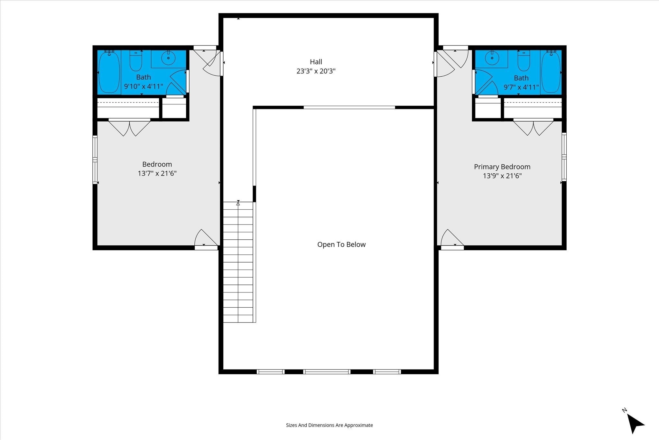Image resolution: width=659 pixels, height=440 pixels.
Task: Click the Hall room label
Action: point(316,62)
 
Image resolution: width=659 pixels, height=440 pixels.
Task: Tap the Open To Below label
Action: point(341,244)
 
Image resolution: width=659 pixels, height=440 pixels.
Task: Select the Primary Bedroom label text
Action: point(502,167)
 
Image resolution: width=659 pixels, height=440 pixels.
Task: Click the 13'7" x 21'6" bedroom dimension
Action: point(157,173)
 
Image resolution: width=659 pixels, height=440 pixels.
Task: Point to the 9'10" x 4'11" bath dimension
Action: point(144,86)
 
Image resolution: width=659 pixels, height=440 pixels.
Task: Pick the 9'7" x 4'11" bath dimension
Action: point(521,87)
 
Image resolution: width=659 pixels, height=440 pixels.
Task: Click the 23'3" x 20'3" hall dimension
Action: point(316,71)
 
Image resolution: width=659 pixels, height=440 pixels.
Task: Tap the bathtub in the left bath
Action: point(109,72)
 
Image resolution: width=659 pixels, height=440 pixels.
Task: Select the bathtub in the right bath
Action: point(551,72)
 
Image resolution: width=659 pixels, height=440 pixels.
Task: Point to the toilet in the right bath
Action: point(524,60)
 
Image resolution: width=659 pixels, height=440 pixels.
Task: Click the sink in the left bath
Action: point(168,59)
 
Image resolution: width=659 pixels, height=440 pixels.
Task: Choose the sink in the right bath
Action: point(492,59)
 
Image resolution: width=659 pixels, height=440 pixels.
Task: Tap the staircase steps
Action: point(238,262)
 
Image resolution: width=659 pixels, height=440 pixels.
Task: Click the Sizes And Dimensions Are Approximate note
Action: point(329,425)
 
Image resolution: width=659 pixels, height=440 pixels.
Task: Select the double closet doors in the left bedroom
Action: point(129,128)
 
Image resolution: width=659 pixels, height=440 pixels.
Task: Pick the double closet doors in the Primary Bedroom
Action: point(534,127)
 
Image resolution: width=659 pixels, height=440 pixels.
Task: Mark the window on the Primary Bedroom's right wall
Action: point(564,157)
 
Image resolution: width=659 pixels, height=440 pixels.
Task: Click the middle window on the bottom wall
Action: point(327,372)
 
